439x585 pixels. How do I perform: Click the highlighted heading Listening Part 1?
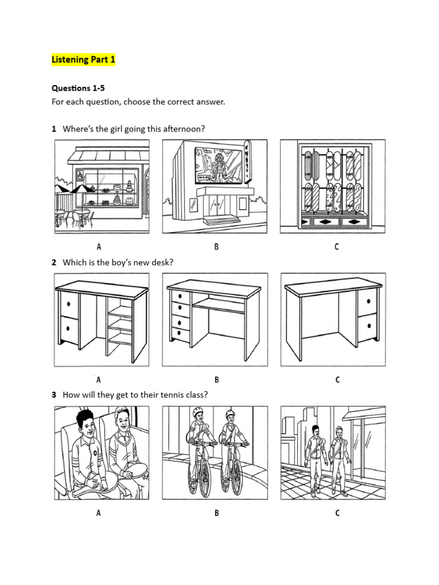point(83,60)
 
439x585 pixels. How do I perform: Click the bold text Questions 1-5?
point(78,88)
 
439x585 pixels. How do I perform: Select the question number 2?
point(54,262)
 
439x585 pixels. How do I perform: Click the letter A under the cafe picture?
point(98,247)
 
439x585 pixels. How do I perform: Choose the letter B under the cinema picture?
point(217,247)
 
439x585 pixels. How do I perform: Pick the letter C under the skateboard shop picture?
point(337,247)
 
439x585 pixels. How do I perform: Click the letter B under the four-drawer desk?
point(217,379)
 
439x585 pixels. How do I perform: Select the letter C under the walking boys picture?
point(337,512)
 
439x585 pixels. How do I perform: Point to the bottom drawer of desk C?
point(366,326)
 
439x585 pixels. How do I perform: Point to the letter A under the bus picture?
point(98,512)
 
